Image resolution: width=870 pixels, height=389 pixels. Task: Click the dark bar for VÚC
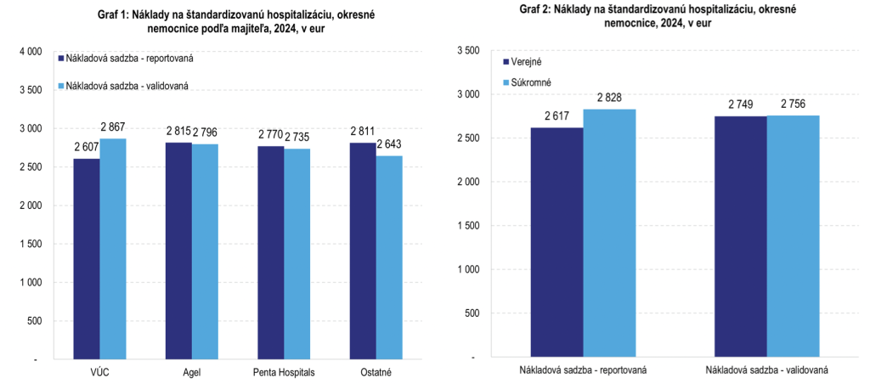87,259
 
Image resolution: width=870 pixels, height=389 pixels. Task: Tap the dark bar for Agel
178,251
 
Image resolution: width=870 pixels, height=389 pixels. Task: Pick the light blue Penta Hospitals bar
297,254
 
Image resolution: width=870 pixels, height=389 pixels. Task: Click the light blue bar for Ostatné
389,257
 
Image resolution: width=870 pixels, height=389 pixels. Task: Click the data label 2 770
271,135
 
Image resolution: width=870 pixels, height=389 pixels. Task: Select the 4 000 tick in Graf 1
31,51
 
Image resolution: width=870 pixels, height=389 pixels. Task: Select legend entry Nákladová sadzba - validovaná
123,85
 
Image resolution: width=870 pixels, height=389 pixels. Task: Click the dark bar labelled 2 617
556,242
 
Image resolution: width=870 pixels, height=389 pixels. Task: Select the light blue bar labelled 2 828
609,233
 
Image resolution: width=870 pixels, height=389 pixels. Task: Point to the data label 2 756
793,104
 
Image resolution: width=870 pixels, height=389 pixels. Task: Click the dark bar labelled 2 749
740,236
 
